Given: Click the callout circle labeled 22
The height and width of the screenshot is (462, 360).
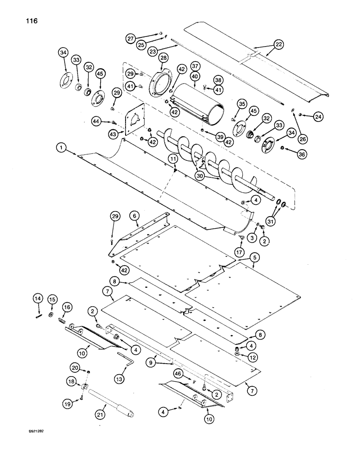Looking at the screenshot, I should (278, 45).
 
